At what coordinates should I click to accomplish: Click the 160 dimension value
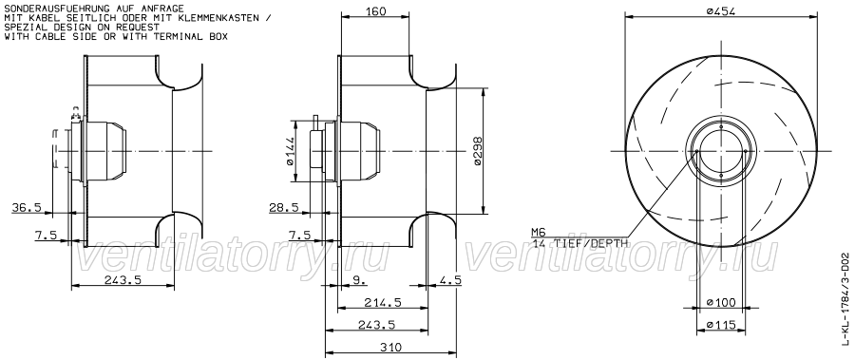point(374,10)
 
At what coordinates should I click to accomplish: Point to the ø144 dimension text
point(289,151)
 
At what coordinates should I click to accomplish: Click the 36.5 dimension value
point(28,207)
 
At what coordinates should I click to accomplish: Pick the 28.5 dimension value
point(283,207)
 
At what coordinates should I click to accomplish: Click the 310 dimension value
point(390,347)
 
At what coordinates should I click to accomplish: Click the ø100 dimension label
point(721,302)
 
